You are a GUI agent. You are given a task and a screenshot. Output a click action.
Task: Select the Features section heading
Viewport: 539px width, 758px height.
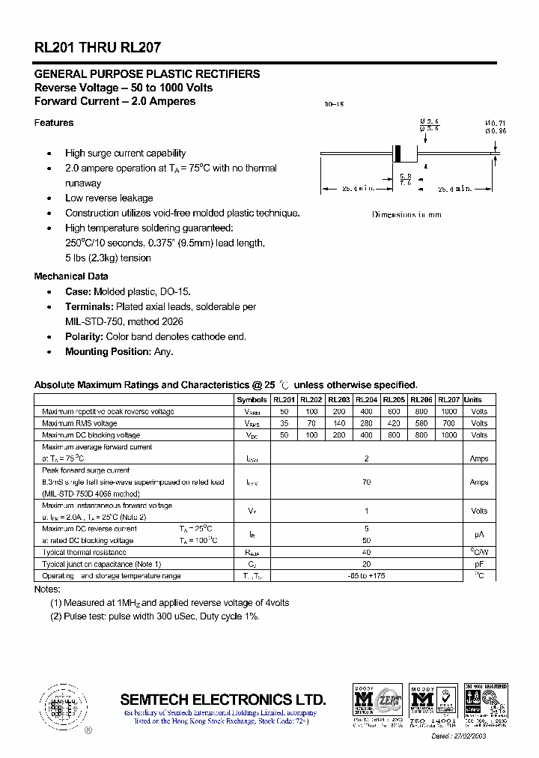tap(54, 123)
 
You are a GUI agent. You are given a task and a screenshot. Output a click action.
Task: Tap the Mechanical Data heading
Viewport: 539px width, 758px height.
tap(70, 276)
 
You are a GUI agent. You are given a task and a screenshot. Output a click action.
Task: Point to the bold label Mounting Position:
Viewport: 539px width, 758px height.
tap(107, 352)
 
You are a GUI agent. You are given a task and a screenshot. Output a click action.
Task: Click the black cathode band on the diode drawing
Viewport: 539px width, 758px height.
tap(400, 154)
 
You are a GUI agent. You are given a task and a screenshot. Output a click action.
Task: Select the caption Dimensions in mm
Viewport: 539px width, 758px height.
tap(406, 215)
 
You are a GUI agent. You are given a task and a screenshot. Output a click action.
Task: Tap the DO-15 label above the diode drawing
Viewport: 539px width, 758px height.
tap(334, 105)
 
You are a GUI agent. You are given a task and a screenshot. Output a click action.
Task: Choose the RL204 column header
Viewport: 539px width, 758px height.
tap(366, 400)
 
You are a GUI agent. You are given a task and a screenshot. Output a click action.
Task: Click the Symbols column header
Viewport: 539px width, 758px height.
tap(252, 400)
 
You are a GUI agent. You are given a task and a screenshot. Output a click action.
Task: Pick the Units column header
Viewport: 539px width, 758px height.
tap(473, 400)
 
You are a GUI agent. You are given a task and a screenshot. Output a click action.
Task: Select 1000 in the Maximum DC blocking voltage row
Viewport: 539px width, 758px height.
tap(448, 435)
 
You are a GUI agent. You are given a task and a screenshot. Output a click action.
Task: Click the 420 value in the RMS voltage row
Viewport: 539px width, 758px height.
tap(394, 423)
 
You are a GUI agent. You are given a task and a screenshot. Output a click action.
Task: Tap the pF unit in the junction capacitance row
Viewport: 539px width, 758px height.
tap(479, 564)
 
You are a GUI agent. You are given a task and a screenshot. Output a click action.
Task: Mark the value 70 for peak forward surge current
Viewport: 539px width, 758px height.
tap(366, 482)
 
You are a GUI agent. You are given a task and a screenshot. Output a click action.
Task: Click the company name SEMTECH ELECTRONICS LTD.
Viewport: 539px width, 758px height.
tap(223, 700)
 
